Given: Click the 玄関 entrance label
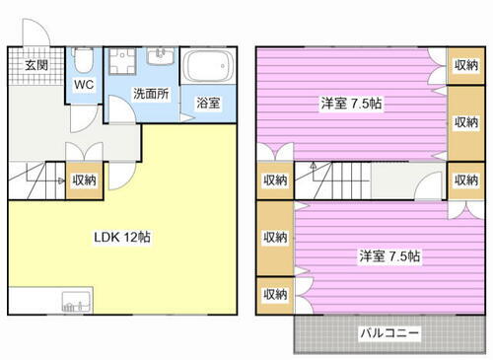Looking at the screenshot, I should click(x=35, y=65).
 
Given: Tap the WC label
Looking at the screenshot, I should click(x=82, y=85).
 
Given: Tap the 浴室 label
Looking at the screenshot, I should click(x=207, y=103).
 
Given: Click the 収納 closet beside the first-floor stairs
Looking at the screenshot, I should click(x=84, y=180).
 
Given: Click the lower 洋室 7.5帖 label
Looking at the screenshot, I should click(x=388, y=255).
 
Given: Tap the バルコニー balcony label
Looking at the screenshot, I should click(x=388, y=332).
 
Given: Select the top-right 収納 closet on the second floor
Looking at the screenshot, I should click(x=465, y=65).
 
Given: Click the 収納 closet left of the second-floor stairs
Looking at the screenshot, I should click(x=275, y=180).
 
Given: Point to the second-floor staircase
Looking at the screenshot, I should click(x=340, y=180).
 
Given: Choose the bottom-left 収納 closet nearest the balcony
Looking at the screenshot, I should click(x=275, y=294).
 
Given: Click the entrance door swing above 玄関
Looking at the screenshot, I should click(x=39, y=32).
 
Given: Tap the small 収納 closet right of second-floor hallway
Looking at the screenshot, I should click(x=465, y=180).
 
